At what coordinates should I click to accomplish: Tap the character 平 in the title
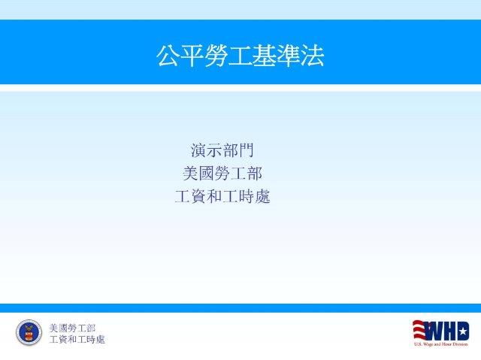click(192, 56)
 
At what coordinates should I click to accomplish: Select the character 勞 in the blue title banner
click(216, 56)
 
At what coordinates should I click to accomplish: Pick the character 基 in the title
click(264, 56)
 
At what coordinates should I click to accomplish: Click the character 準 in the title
click(288, 56)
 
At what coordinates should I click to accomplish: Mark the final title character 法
click(312, 56)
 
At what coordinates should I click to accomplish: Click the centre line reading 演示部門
click(222, 150)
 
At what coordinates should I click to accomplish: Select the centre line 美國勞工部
click(222, 174)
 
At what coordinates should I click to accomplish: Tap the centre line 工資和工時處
click(222, 196)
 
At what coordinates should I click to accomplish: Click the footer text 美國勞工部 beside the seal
click(73, 328)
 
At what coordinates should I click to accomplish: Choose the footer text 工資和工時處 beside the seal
click(77, 340)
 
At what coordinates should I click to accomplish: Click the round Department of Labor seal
click(29, 332)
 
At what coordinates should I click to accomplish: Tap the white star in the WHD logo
click(464, 331)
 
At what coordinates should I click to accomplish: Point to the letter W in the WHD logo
click(434, 331)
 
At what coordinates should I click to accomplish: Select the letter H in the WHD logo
click(449, 331)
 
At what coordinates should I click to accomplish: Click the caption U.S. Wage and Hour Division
click(441, 344)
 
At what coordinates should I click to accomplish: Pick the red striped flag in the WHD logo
click(419, 331)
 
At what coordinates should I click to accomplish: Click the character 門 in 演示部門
click(246, 150)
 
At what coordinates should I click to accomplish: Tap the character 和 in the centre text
click(214, 196)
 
